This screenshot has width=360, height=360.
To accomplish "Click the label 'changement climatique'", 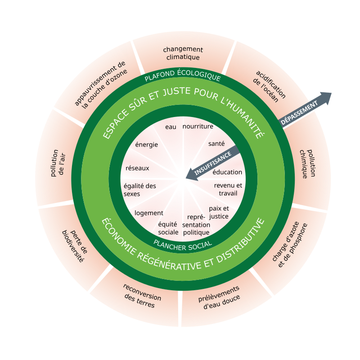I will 183,53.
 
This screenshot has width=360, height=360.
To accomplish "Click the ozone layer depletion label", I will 101,85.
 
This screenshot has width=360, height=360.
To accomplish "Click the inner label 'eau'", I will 171,127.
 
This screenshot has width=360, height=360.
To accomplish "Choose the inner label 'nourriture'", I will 198,126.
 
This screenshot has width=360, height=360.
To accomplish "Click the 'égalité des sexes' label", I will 139,189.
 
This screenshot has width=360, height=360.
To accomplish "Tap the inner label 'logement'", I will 149,213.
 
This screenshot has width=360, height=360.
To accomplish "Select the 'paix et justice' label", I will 219,212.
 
